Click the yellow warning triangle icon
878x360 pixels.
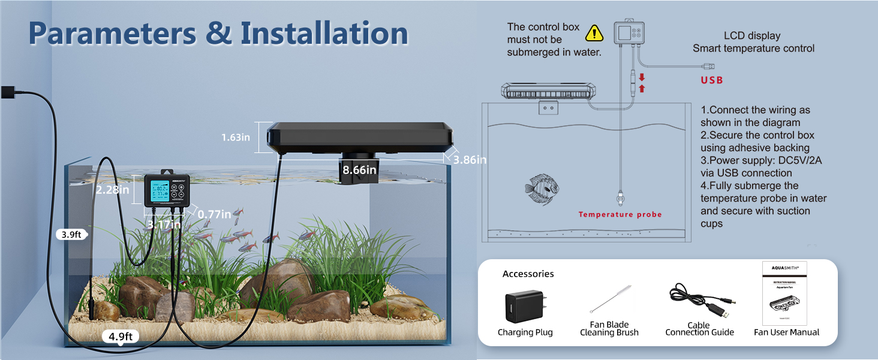[x=594, y=32]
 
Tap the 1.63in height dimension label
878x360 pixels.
[x=236, y=137]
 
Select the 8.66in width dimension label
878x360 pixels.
[x=359, y=170]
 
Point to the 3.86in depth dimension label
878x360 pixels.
[x=470, y=160]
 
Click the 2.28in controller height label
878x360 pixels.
[x=113, y=190]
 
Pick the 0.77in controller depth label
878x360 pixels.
[x=214, y=214]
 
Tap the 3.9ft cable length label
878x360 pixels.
[x=71, y=235]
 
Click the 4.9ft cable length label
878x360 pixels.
[x=121, y=337]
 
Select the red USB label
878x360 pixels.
[x=712, y=80]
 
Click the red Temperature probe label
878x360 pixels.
[x=620, y=214]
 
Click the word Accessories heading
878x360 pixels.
[x=528, y=274]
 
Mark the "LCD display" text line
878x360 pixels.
[x=753, y=35]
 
